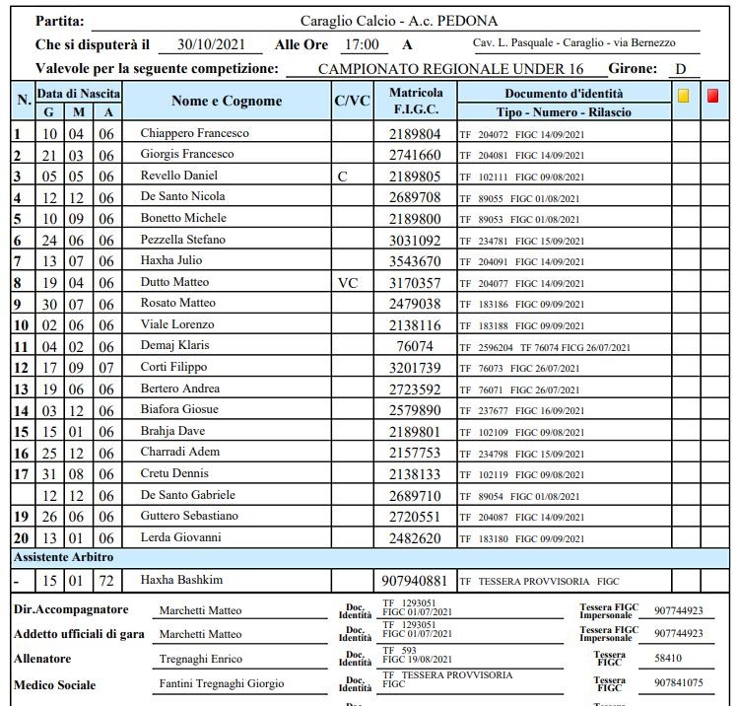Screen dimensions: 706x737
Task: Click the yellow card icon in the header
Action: (683, 96)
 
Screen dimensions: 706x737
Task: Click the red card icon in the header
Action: (713, 96)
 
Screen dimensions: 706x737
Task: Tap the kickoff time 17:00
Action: (361, 44)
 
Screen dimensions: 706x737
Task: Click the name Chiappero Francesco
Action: (194, 133)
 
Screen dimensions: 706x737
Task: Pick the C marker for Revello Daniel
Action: (342, 176)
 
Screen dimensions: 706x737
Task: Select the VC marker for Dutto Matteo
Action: (348, 282)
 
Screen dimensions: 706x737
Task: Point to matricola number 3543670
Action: (415, 261)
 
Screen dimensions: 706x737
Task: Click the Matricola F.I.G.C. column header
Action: (416, 102)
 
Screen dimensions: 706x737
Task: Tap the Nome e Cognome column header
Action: (226, 101)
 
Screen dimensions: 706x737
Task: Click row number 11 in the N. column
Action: (21, 346)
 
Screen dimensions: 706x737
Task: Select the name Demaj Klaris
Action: (176, 346)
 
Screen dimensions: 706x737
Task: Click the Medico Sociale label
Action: (55, 684)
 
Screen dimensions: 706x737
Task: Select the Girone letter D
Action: (680, 69)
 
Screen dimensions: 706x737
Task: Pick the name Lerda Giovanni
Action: (180, 537)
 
